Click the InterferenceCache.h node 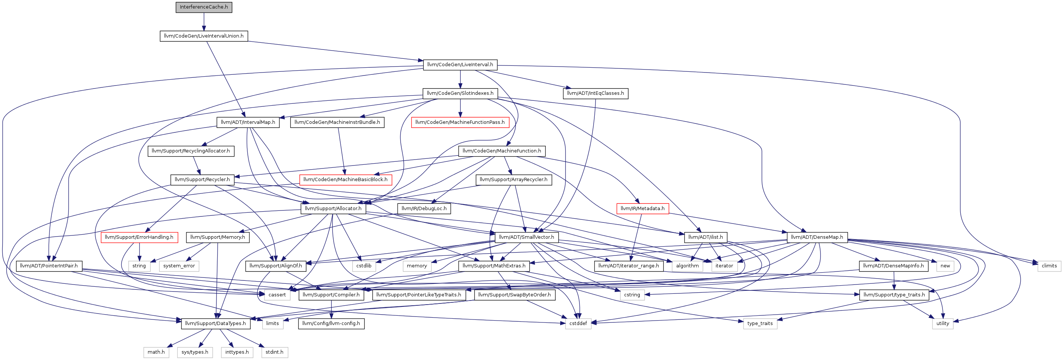204,7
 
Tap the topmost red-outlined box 460,123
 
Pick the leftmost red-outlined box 139,238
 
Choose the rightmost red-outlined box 642,209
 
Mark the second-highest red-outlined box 346,180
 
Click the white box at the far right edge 1049,266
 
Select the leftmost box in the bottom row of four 156,353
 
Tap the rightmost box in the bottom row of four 275,353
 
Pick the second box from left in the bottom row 195,353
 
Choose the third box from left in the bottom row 237,353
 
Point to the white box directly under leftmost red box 139,266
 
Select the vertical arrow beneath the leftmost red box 139,252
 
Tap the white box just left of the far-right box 945,266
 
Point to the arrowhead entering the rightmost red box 637,201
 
